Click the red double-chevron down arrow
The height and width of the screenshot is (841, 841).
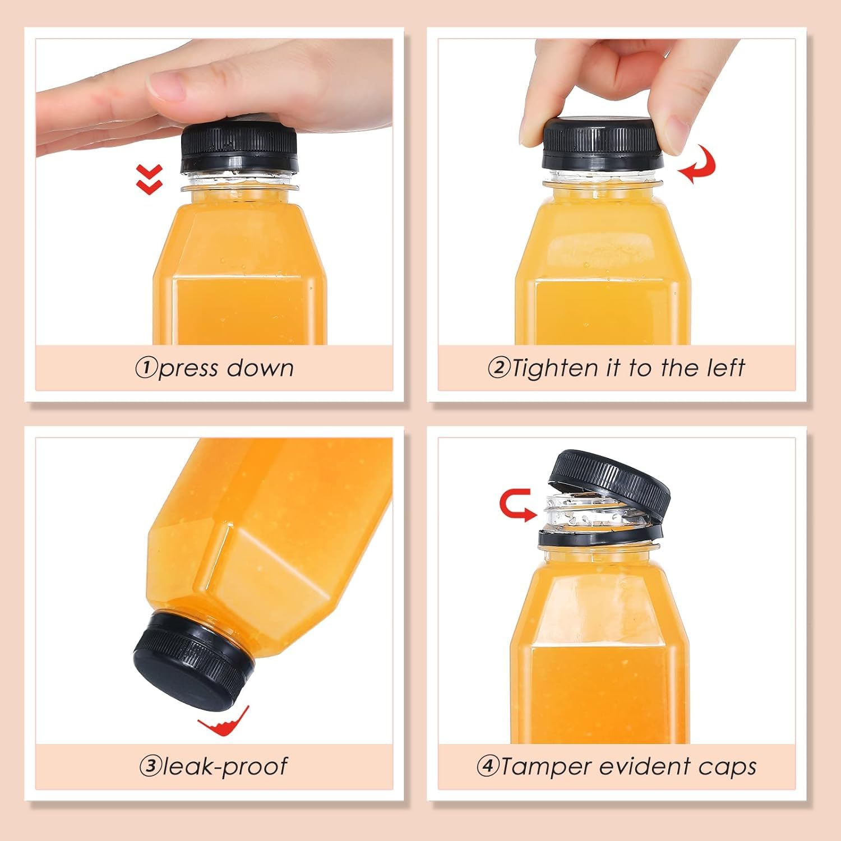tap(150, 179)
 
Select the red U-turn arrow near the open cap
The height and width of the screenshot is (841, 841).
tap(515, 505)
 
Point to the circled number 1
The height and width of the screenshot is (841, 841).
tap(146, 368)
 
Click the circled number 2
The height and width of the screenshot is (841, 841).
tap(498, 368)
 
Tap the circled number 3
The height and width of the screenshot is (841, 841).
tap(150, 766)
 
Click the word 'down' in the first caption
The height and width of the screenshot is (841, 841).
tap(260, 368)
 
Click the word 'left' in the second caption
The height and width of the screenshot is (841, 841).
tap(725, 368)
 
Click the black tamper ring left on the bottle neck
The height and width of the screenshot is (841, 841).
tap(597, 538)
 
